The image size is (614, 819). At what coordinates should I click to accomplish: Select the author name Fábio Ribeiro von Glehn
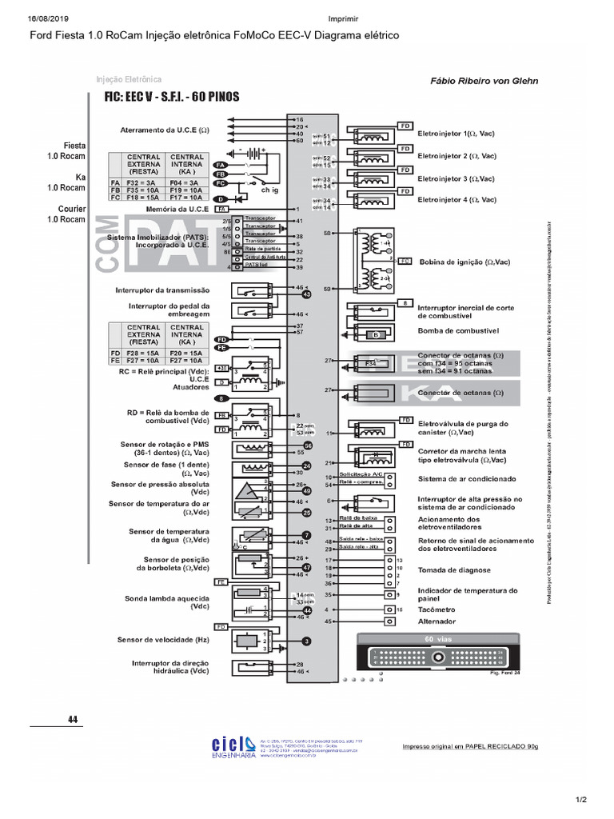484,81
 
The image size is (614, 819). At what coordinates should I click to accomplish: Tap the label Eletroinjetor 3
457,178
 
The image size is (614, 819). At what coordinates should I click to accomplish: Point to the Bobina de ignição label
464,262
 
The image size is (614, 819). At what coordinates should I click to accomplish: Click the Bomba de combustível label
458,330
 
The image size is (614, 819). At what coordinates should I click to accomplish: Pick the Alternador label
437,621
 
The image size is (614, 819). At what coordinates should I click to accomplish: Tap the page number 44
73,720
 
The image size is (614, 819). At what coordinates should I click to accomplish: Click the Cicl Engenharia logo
231,745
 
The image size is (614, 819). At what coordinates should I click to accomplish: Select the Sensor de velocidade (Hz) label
163,640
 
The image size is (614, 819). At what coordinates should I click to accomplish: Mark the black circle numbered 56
307,445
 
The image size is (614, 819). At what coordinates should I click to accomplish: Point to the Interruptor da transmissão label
162,290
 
